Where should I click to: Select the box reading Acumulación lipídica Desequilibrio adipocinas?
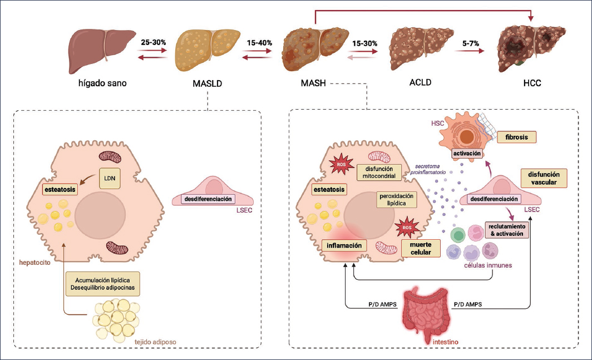coord(101,283)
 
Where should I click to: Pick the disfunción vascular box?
coord(543,177)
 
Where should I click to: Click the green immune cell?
coord(458,233)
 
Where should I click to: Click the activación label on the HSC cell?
coord(467,153)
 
